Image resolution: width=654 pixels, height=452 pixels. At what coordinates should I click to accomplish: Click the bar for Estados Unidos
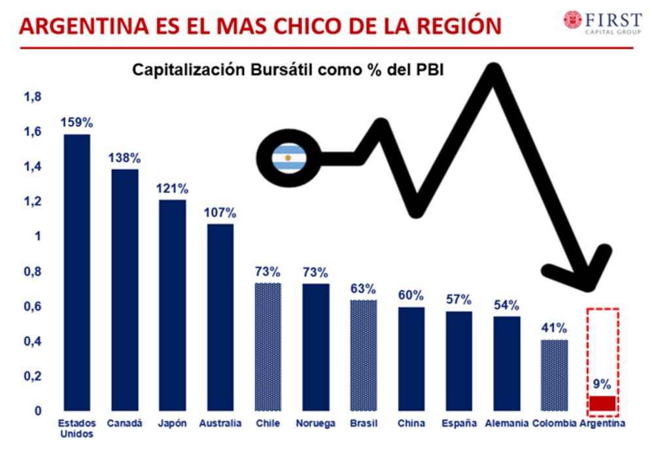click(77, 271)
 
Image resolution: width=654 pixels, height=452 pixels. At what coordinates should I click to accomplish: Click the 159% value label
click(77, 122)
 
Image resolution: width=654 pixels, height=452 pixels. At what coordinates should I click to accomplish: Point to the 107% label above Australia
click(220, 213)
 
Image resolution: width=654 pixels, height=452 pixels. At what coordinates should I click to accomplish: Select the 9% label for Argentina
click(602, 385)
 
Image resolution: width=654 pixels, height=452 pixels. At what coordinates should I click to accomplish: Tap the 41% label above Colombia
click(554, 328)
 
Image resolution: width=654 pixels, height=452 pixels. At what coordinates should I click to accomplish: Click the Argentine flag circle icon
click(288, 158)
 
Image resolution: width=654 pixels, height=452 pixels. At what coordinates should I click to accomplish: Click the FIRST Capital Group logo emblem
click(573, 19)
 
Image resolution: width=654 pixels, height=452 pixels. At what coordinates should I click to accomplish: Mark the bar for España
click(458, 360)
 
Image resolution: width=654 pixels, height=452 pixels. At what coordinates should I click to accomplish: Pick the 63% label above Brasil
click(363, 289)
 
